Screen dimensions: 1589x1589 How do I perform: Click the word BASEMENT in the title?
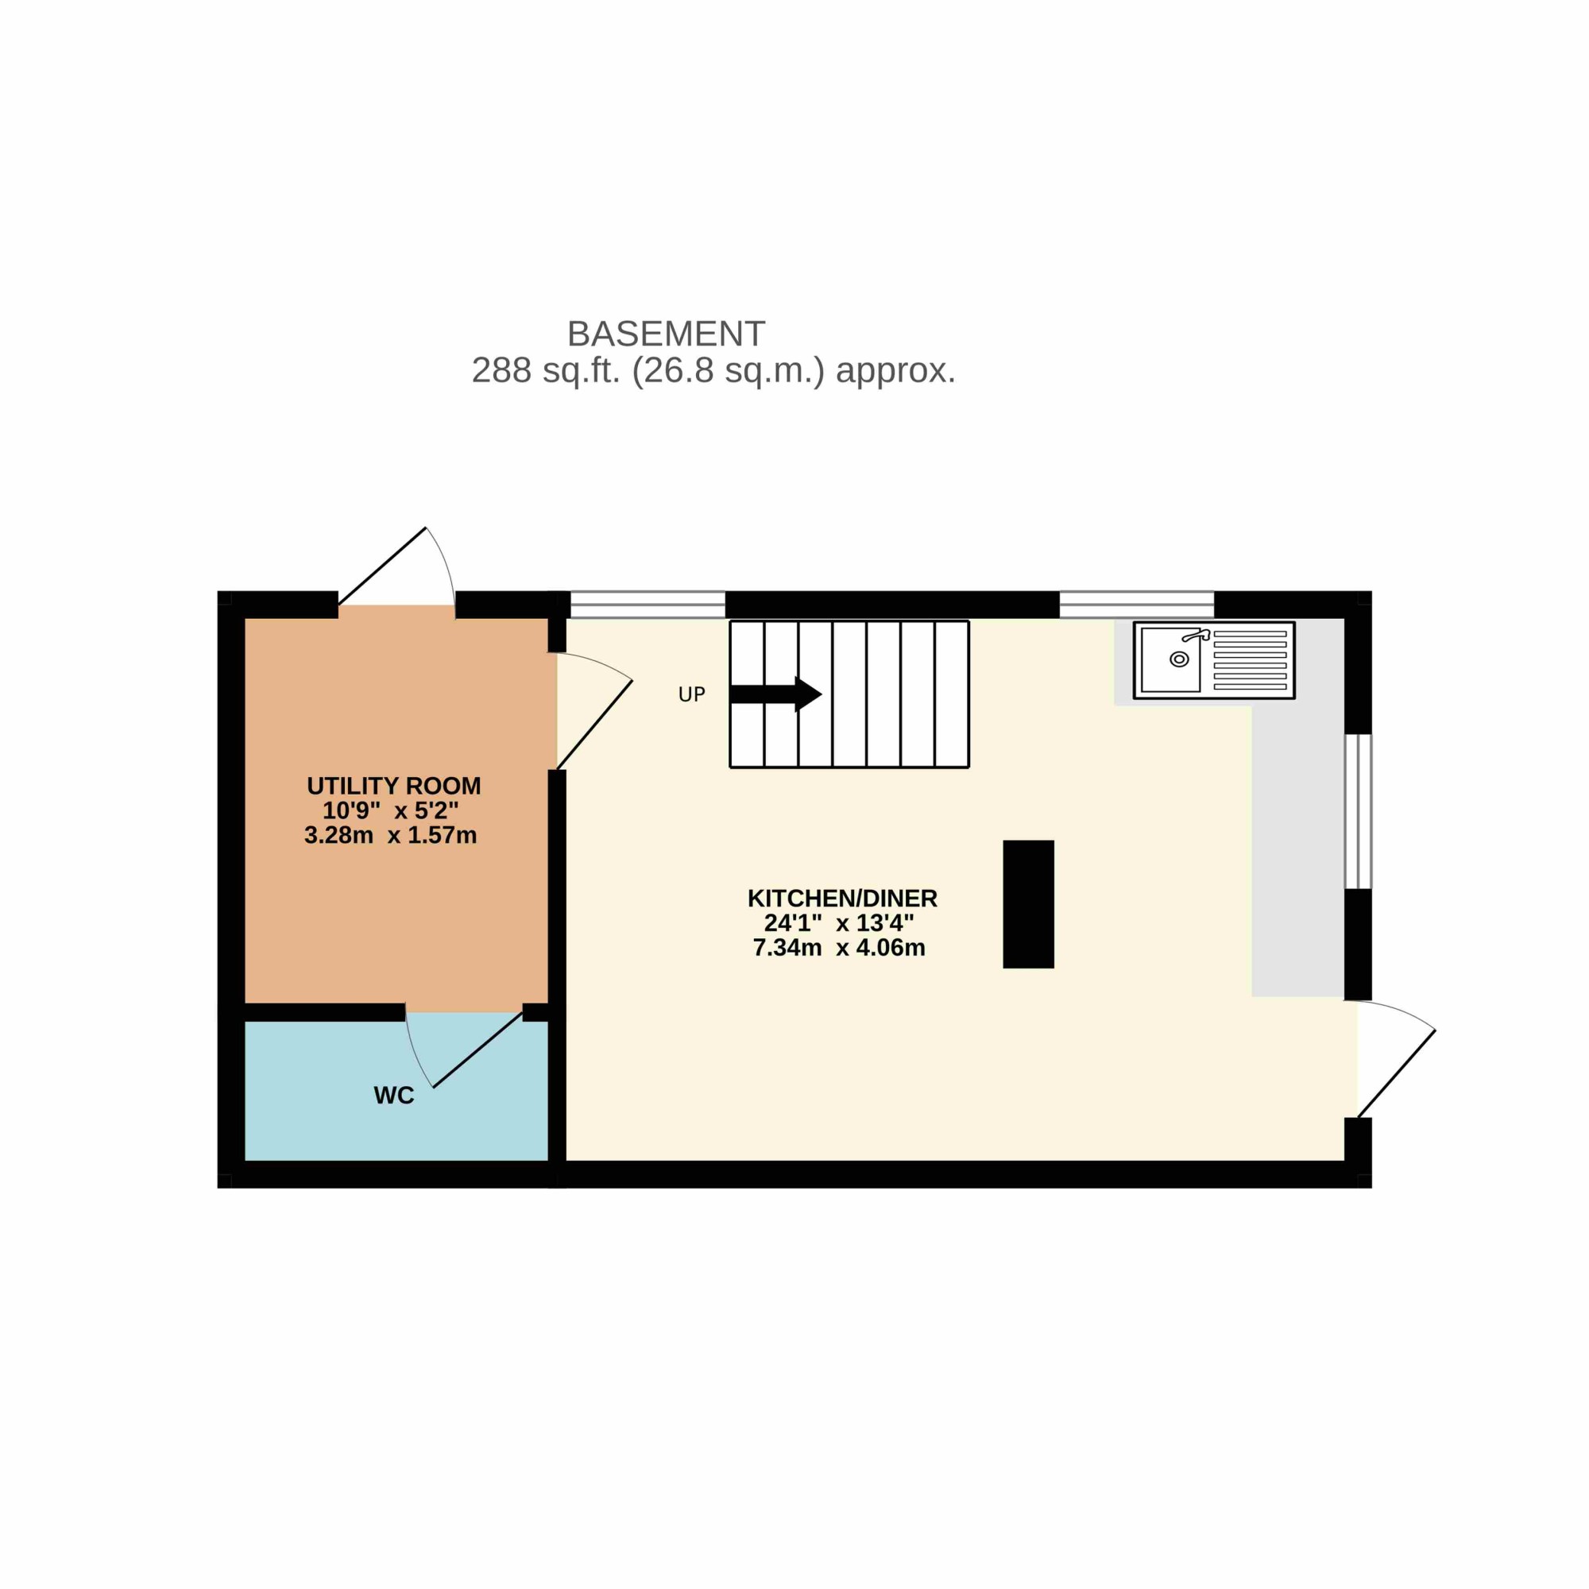(667, 334)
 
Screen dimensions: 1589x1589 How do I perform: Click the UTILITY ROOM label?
(394, 787)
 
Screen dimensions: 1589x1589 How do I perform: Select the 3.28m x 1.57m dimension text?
(391, 836)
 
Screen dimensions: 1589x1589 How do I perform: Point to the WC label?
(394, 1096)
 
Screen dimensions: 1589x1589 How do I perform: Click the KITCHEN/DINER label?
(842, 898)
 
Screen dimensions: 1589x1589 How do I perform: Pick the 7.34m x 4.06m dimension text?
(839, 948)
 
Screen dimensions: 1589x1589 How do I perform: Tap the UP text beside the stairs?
(692, 695)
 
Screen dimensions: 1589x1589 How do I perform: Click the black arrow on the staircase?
(775, 694)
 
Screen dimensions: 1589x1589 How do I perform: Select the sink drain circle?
(1179, 659)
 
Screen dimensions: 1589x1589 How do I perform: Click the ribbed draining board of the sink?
(1250, 660)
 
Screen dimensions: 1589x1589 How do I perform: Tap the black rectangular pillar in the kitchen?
(1028, 904)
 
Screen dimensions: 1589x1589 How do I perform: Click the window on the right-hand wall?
(1358, 812)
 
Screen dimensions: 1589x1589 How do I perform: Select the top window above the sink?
(1137, 605)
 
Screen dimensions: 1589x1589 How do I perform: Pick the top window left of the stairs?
(648, 605)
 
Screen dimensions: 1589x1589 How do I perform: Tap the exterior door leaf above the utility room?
(382, 566)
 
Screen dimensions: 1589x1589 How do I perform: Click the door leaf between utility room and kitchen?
(594, 725)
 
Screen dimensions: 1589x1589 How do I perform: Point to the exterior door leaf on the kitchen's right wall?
(1397, 1073)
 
